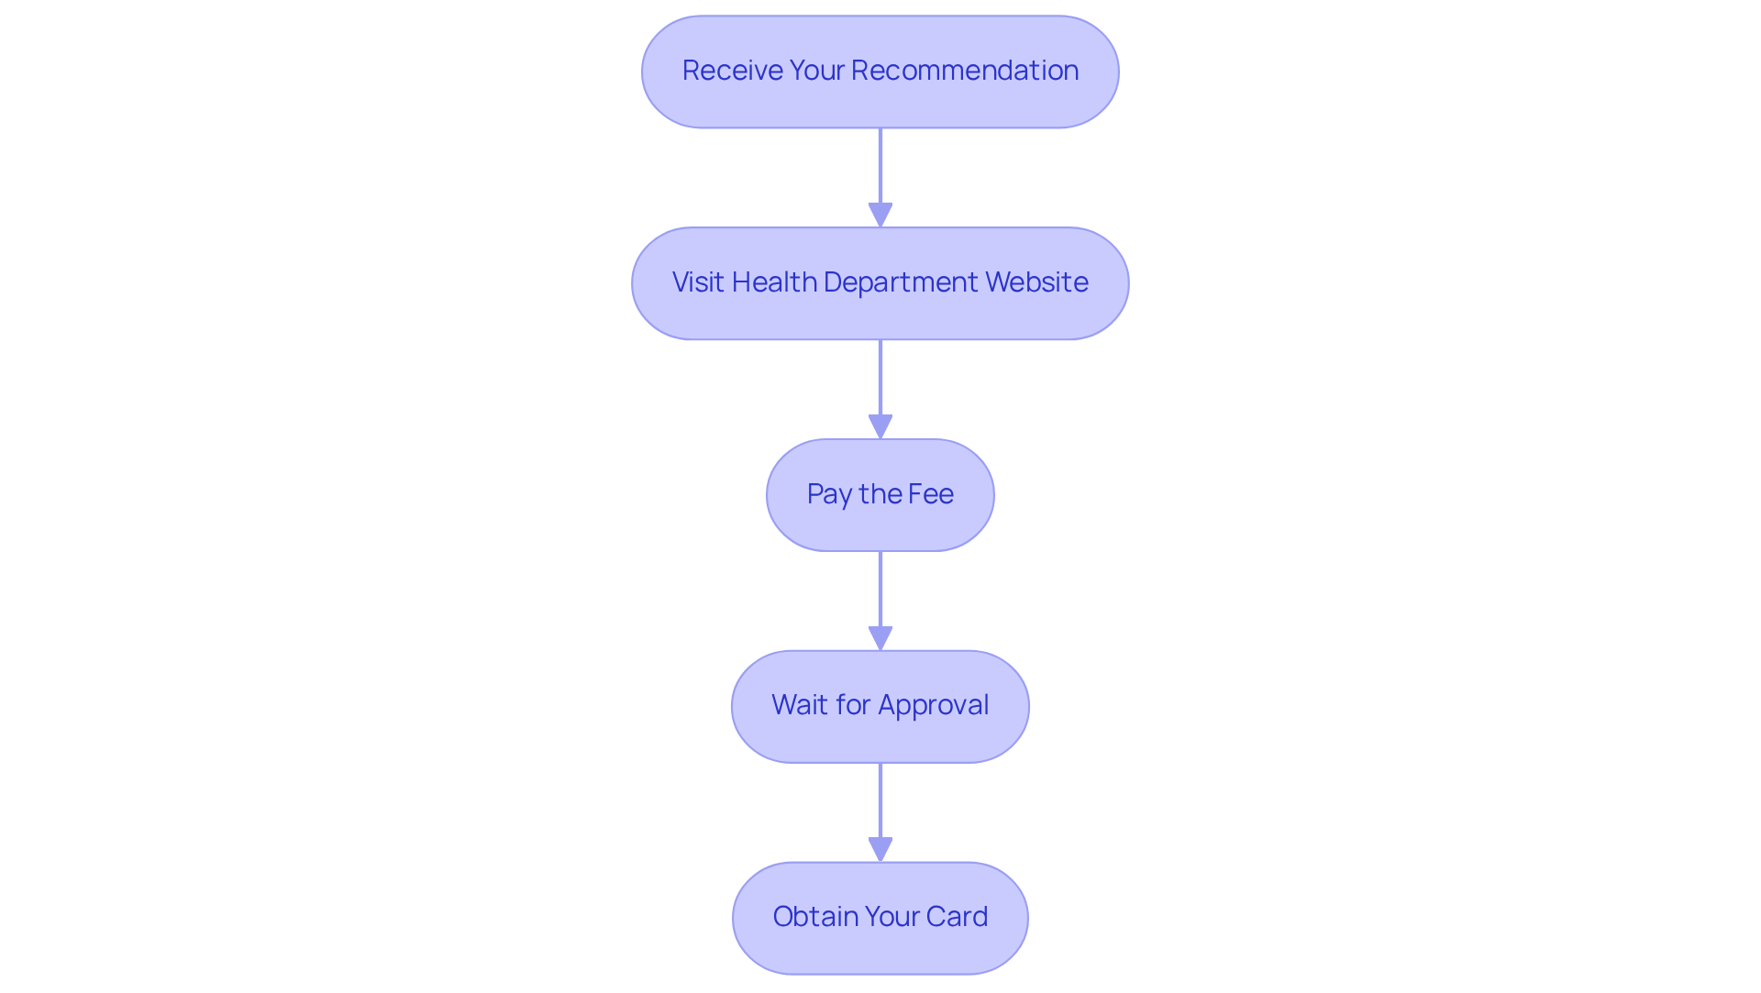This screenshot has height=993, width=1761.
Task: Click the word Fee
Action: (x=930, y=494)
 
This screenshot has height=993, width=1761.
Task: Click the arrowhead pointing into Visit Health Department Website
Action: (x=880, y=215)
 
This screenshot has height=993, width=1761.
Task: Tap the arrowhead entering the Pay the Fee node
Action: (x=880, y=427)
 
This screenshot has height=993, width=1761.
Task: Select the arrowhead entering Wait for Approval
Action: (x=880, y=639)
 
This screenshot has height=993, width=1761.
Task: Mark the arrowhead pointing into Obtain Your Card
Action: (x=880, y=850)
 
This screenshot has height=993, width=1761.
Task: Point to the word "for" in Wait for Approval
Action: (x=853, y=705)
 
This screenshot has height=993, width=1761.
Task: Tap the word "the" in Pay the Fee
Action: (x=879, y=494)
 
